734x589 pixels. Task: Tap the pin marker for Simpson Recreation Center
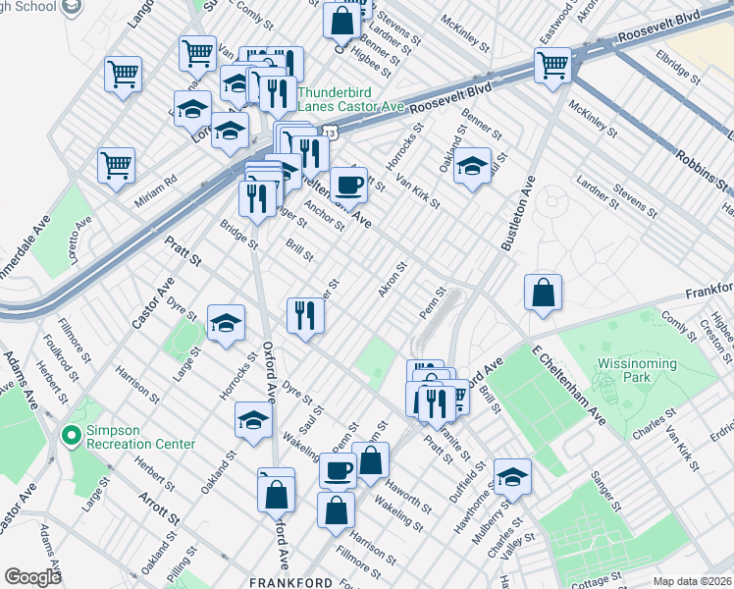point(69,434)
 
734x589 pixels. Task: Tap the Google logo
point(33,577)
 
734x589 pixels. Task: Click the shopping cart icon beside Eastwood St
point(552,66)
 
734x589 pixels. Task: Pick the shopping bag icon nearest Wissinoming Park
point(543,293)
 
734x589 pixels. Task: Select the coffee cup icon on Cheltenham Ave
point(347,183)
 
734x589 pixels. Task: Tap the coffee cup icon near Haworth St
point(339,470)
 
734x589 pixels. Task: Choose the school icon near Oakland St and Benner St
point(472,166)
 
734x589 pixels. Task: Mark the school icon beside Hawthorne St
point(511,476)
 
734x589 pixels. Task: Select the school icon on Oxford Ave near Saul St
point(253,421)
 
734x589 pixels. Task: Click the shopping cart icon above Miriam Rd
point(116,164)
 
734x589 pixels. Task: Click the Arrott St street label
point(159,507)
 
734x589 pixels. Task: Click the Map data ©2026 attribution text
point(692,581)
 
